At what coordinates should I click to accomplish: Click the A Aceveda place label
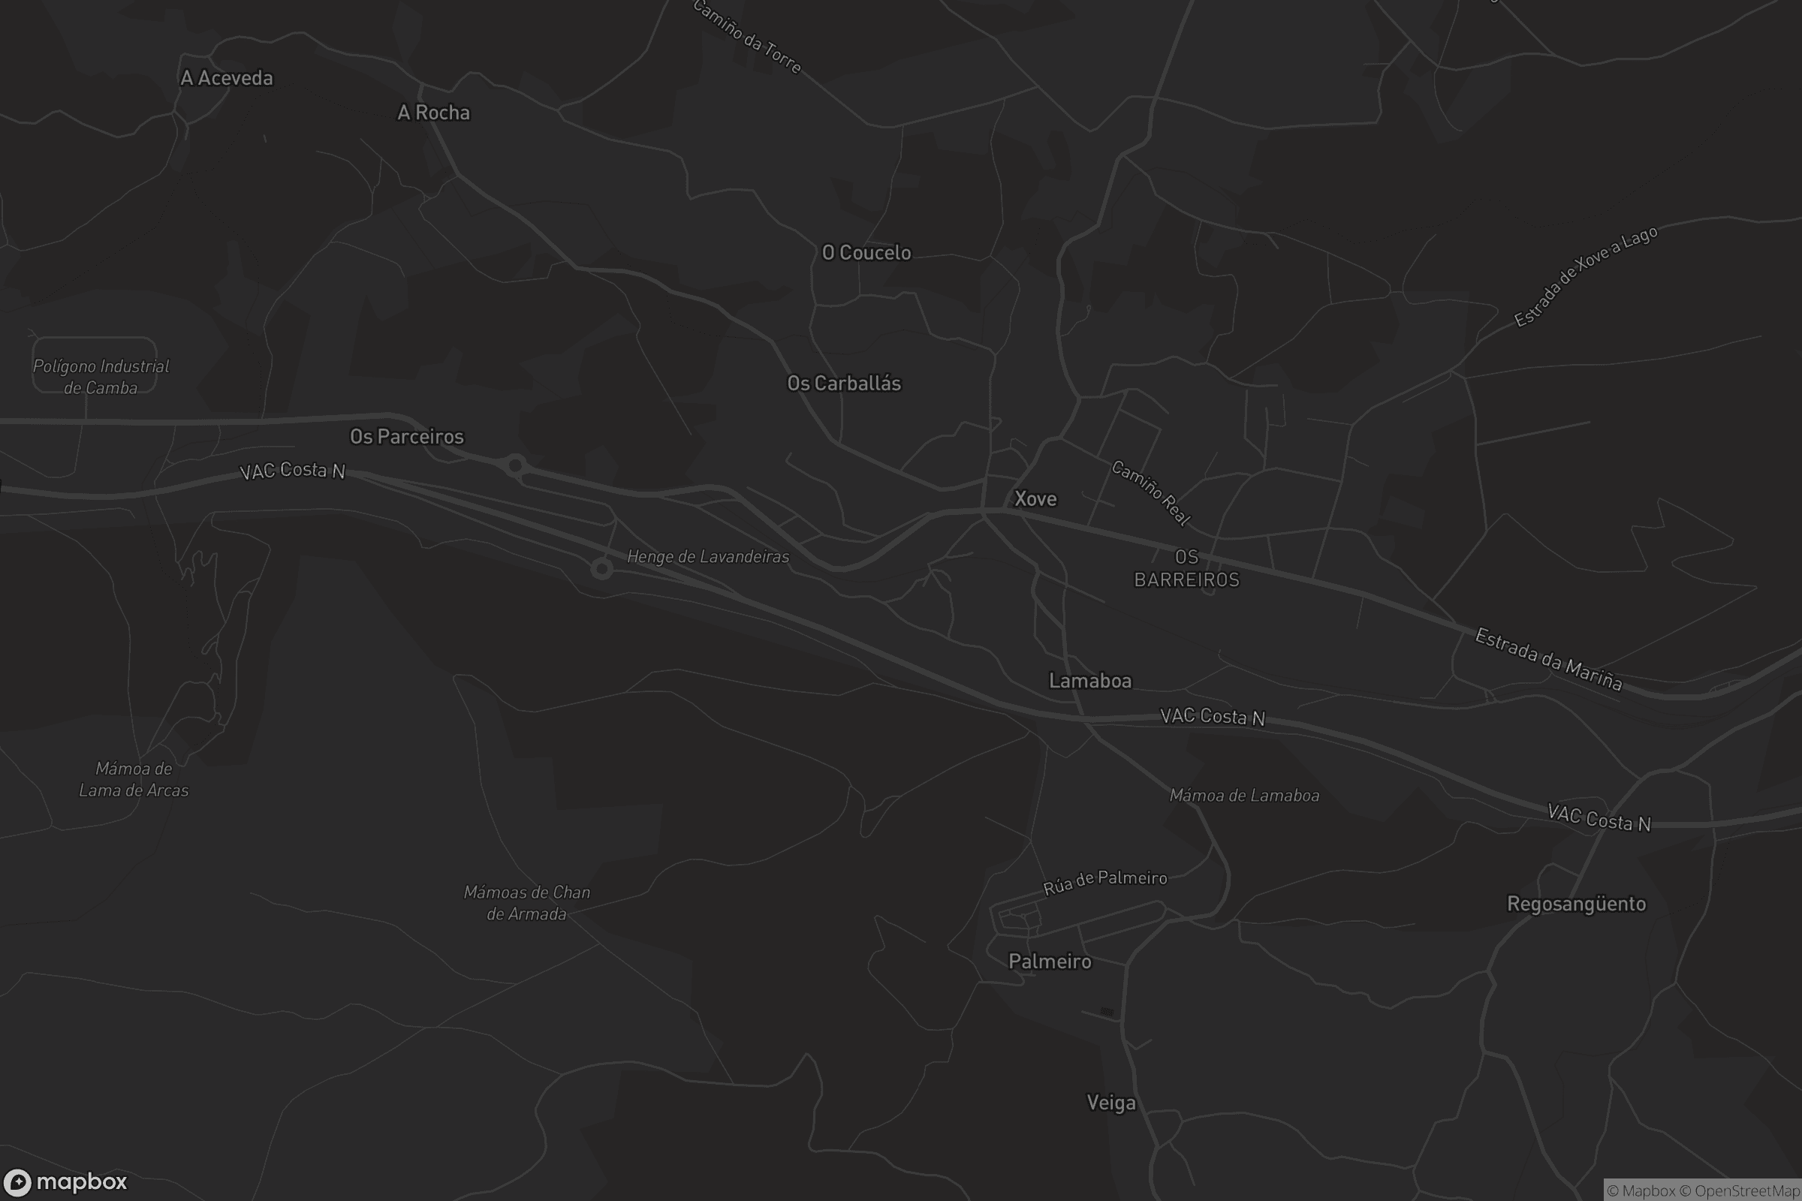[x=226, y=78]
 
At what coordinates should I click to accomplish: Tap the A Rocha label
[x=434, y=113]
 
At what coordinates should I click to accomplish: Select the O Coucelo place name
[x=866, y=253]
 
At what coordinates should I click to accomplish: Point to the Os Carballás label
[x=843, y=383]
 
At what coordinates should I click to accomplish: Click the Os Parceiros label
[x=407, y=437]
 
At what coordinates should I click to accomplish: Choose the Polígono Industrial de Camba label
[x=101, y=377]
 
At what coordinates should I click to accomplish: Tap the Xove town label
[x=1035, y=499]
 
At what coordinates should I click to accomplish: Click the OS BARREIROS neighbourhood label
[x=1186, y=568]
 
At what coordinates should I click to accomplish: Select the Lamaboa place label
[x=1089, y=681]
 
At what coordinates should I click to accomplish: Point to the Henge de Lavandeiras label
[x=707, y=557]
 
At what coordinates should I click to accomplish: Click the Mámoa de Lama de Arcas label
[x=134, y=779]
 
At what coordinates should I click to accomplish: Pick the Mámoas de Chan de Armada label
[x=526, y=903]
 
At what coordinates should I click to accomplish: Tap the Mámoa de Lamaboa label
[x=1243, y=796]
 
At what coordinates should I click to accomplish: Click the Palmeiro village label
[x=1049, y=962]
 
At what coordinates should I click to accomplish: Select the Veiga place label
[x=1111, y=1103]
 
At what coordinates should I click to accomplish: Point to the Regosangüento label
[x=1576, y=904]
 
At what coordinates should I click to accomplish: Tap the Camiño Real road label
[x=1150, y=493]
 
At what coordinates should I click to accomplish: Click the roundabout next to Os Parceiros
[x=516, y=465]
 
